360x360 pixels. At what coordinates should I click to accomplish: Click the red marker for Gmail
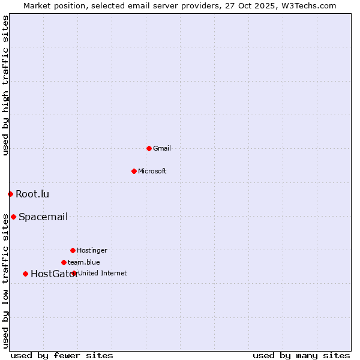click(149, 148)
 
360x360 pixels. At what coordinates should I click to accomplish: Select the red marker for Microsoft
click(134, 171)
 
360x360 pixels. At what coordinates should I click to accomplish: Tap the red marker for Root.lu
click(10, 194)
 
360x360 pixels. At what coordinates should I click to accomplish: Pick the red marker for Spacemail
click(13, 217)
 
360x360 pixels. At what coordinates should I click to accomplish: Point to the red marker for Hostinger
click(73, 250)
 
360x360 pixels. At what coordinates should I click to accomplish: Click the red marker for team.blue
click(64, 262)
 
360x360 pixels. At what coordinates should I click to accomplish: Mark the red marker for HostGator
click(25, 274)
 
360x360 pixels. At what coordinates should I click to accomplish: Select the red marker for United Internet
click(74, 273)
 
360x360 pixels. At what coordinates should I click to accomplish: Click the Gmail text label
click(162, 148)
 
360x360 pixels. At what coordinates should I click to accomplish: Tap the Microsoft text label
click(152, 171)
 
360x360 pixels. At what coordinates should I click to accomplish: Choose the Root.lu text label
click(32, 194)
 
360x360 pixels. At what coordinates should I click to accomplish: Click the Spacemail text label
click(43, 217)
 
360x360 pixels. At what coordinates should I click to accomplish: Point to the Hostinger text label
click(92, 250)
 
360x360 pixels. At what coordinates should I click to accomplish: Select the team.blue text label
click(84, 262)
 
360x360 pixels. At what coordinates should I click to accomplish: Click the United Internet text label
click(103, 273)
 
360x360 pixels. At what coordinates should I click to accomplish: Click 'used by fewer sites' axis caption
click(62, 355)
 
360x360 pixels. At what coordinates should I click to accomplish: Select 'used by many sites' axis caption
click(301, 355)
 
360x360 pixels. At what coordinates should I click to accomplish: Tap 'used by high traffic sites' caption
click(5, 85)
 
